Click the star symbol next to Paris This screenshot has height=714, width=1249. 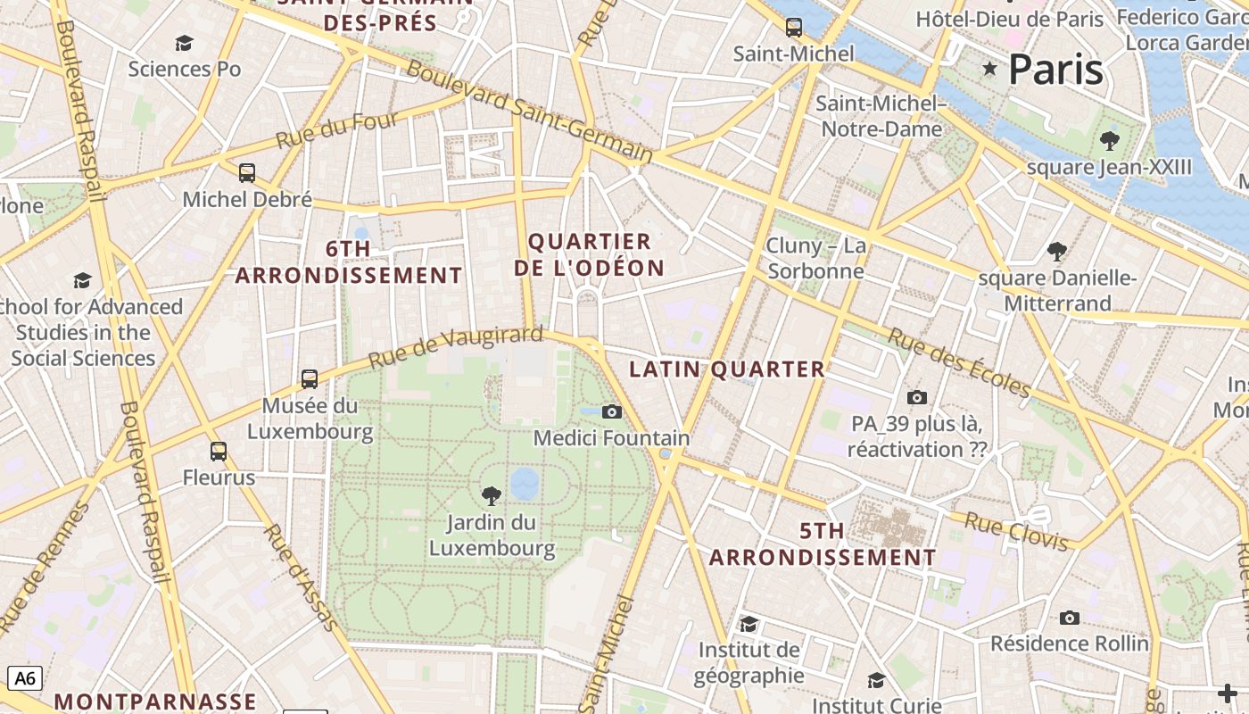[989, 69]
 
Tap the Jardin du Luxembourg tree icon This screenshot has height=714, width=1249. [491, 495]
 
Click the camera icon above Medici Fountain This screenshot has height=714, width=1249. [611, 411]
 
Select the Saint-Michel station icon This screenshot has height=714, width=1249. [793, 28]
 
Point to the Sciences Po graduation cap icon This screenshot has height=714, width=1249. [185, 43]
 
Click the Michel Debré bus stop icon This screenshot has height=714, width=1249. [247, 173]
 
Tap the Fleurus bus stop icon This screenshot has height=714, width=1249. [219, 452]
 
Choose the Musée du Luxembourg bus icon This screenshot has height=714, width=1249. [310, 379]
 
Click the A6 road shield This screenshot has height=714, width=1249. [25, 678]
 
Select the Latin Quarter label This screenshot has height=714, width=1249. [727, 369]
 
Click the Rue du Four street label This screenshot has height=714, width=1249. [337, 130]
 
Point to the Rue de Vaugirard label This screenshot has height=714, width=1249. [455, 346]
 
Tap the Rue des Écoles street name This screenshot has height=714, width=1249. [958, 362]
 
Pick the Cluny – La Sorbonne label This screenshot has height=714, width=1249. [815, 258]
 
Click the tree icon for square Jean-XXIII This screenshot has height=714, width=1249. [1110, 140]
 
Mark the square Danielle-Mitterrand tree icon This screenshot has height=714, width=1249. [1057, 252]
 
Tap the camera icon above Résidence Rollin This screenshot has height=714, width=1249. [1069, 618]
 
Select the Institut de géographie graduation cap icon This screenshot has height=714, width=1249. [749, 624]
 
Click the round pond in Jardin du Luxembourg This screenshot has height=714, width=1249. [525, 483]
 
